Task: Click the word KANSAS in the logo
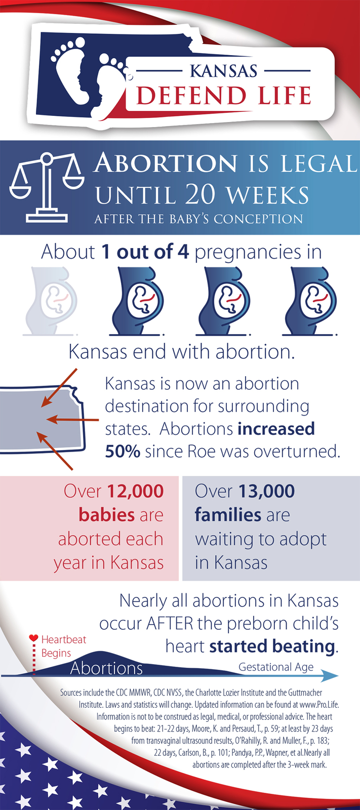pyautogui.click(x=224, y=71)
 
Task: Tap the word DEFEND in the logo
pyautogui.click(x=191, y=96)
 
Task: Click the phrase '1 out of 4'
pyautogui.click(x=145, y=252)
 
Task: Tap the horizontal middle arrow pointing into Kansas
pyautogui.click(x=73, y=420)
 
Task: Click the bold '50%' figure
pyautogui.click(x=123, y=451)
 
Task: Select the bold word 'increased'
pyautogui.click(x=276, y=428)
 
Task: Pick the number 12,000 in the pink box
pyautogui.click(x=135, y=491)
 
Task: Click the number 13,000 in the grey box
pyautogui.click(x=267, y=491)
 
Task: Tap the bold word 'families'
pyautogui.click(x=228, y=514)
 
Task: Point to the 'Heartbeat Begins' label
pyautogui.click(x=64, y=646)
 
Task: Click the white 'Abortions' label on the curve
pyautogui.click(x=106, y=668)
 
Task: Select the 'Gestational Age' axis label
pyautogui.click(x=276, y=667)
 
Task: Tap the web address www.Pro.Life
pyautogui.click(x=319, y=704)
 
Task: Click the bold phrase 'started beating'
pyautogui.click(x=272, y=646)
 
